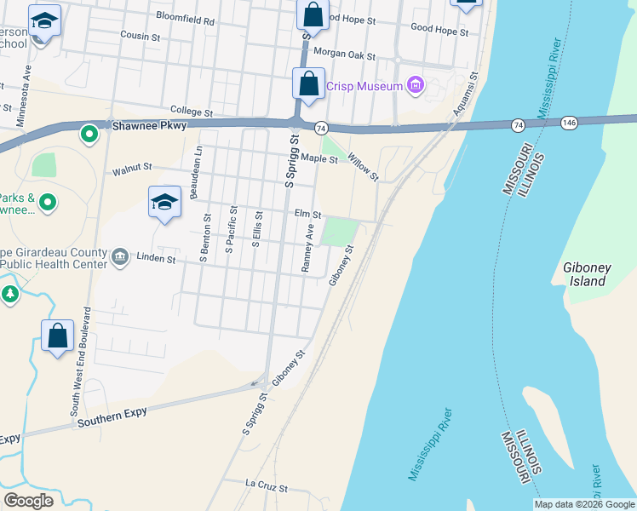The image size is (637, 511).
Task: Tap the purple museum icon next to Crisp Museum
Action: (x=416, y=84)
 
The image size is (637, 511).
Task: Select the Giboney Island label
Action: (x=588, y=273)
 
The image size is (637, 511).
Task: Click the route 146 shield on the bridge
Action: (x=570, y=123)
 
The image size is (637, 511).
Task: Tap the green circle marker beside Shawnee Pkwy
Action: (x=89, y=134)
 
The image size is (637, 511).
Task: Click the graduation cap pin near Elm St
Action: (x=165, y=203)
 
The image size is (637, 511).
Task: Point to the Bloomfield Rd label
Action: (x=186, y=17)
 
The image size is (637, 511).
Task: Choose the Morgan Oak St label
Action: (x=345, y=53)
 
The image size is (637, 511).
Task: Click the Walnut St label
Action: (x=132, y=169)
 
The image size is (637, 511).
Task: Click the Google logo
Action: (x=28, y=501)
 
